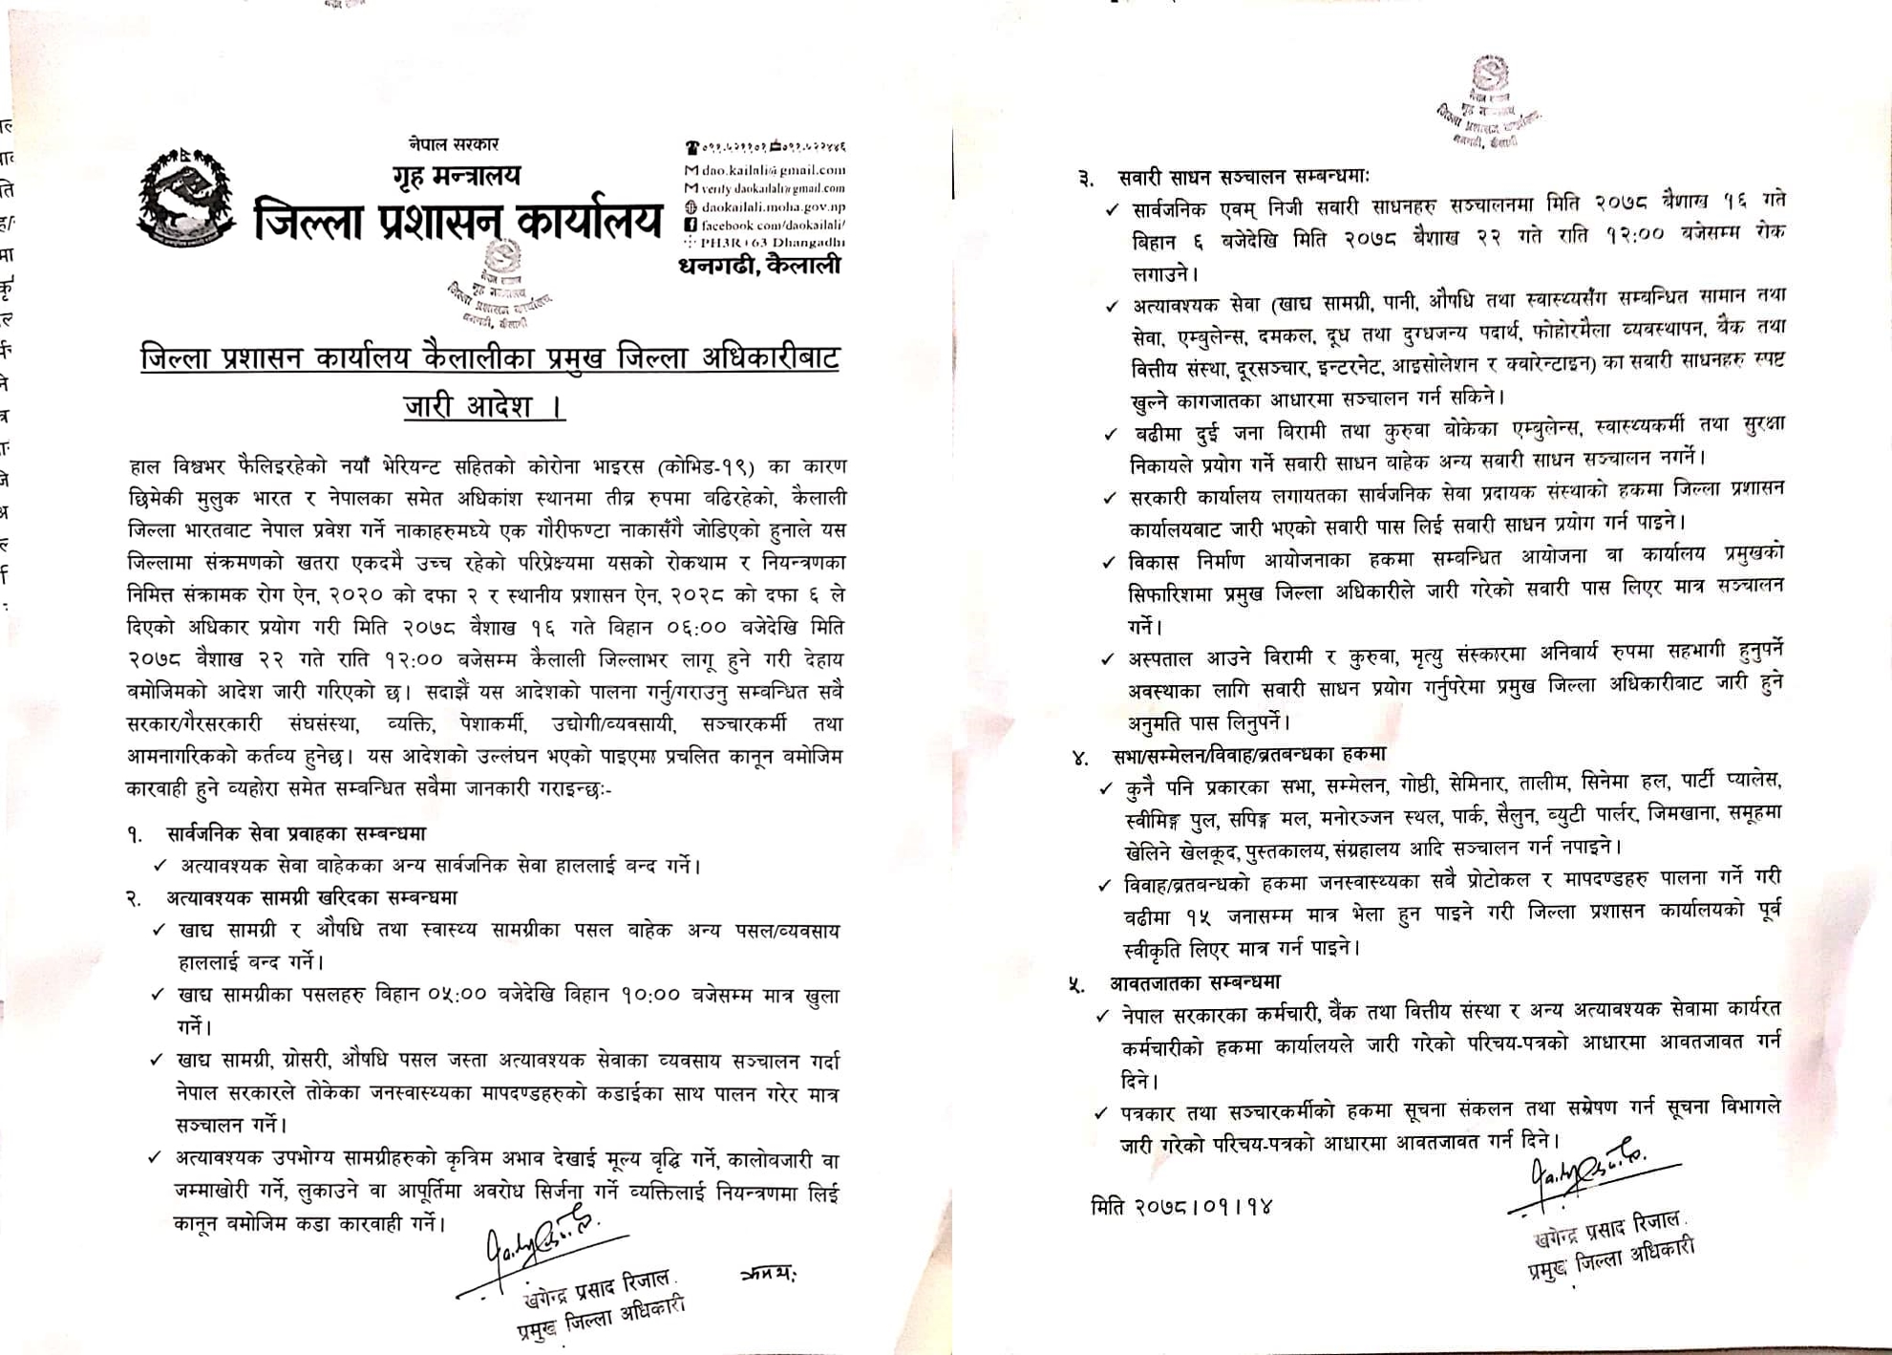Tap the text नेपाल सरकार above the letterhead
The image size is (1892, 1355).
coord(454,144)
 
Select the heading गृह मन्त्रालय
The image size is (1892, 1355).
coord(457,176)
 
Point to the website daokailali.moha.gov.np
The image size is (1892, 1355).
coord(773,206)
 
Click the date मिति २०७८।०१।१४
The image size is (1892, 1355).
coord(1181,1207)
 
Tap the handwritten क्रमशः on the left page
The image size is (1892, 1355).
coord(768,1274)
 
